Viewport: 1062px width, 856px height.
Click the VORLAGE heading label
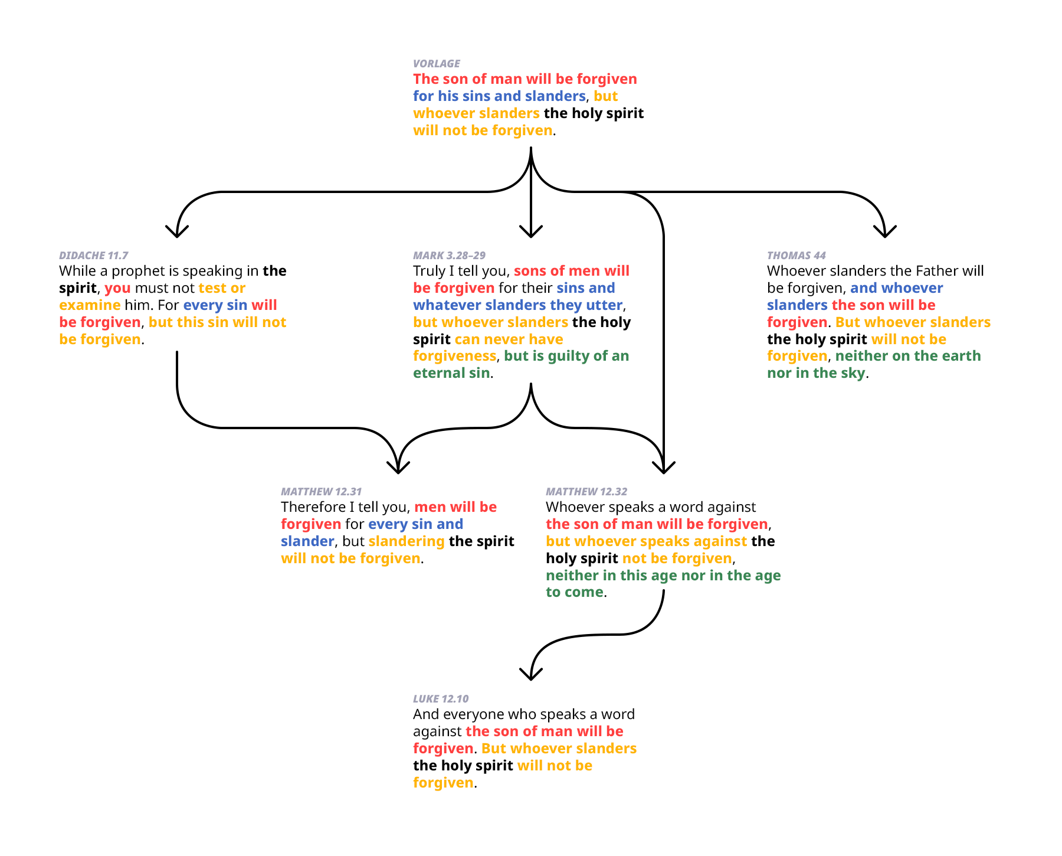pyautogui.click(x=437, y=64)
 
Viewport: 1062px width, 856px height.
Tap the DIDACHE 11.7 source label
pyautogui.click(x=93, y=256)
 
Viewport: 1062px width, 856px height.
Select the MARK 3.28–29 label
pyautogui.click(x=449, y=256)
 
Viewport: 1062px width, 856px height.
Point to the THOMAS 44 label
pyautogui.click(x=796, y=256)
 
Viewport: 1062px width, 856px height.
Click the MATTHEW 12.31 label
pyautogui.click(x=321, y=492)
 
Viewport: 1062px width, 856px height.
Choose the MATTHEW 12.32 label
pyautogui.click(x=586, y=492)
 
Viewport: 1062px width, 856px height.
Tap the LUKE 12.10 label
pyautogui.click(x=441, y=699)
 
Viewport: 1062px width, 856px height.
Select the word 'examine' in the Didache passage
pyautogui.click(x=90, y=305)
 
